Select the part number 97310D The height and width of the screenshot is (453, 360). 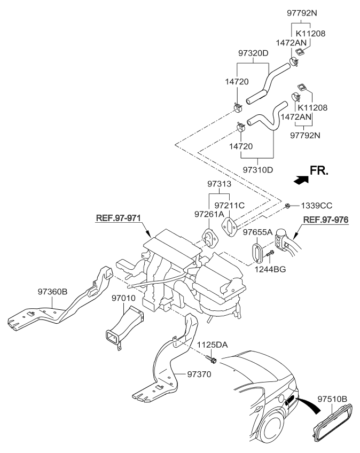pyautogui.click(x=259, y=169)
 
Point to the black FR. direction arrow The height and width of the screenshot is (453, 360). pyautogui.click(x=301, y=180)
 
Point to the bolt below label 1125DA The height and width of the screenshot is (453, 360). pyautogui.click(x=213, y=361)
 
